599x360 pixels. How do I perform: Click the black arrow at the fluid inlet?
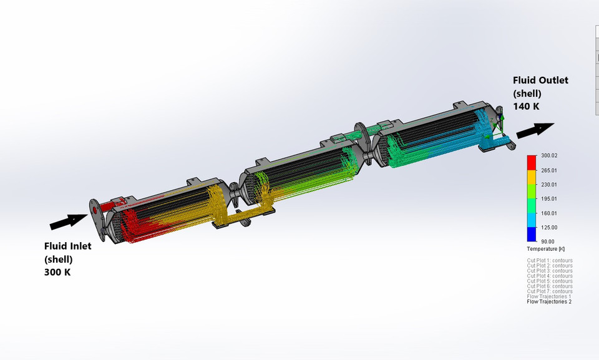69,220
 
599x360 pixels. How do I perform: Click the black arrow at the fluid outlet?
535,130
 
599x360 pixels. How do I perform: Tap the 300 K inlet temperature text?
57,272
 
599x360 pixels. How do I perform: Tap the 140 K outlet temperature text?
526,106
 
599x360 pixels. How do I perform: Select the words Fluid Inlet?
67,246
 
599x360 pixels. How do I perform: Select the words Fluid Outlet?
540,80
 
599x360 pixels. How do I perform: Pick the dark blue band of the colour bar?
532,234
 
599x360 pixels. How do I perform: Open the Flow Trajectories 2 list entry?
549,302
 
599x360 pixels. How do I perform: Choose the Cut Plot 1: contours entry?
550,261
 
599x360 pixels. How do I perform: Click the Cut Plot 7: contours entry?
550,291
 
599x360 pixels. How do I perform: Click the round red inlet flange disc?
95,210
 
